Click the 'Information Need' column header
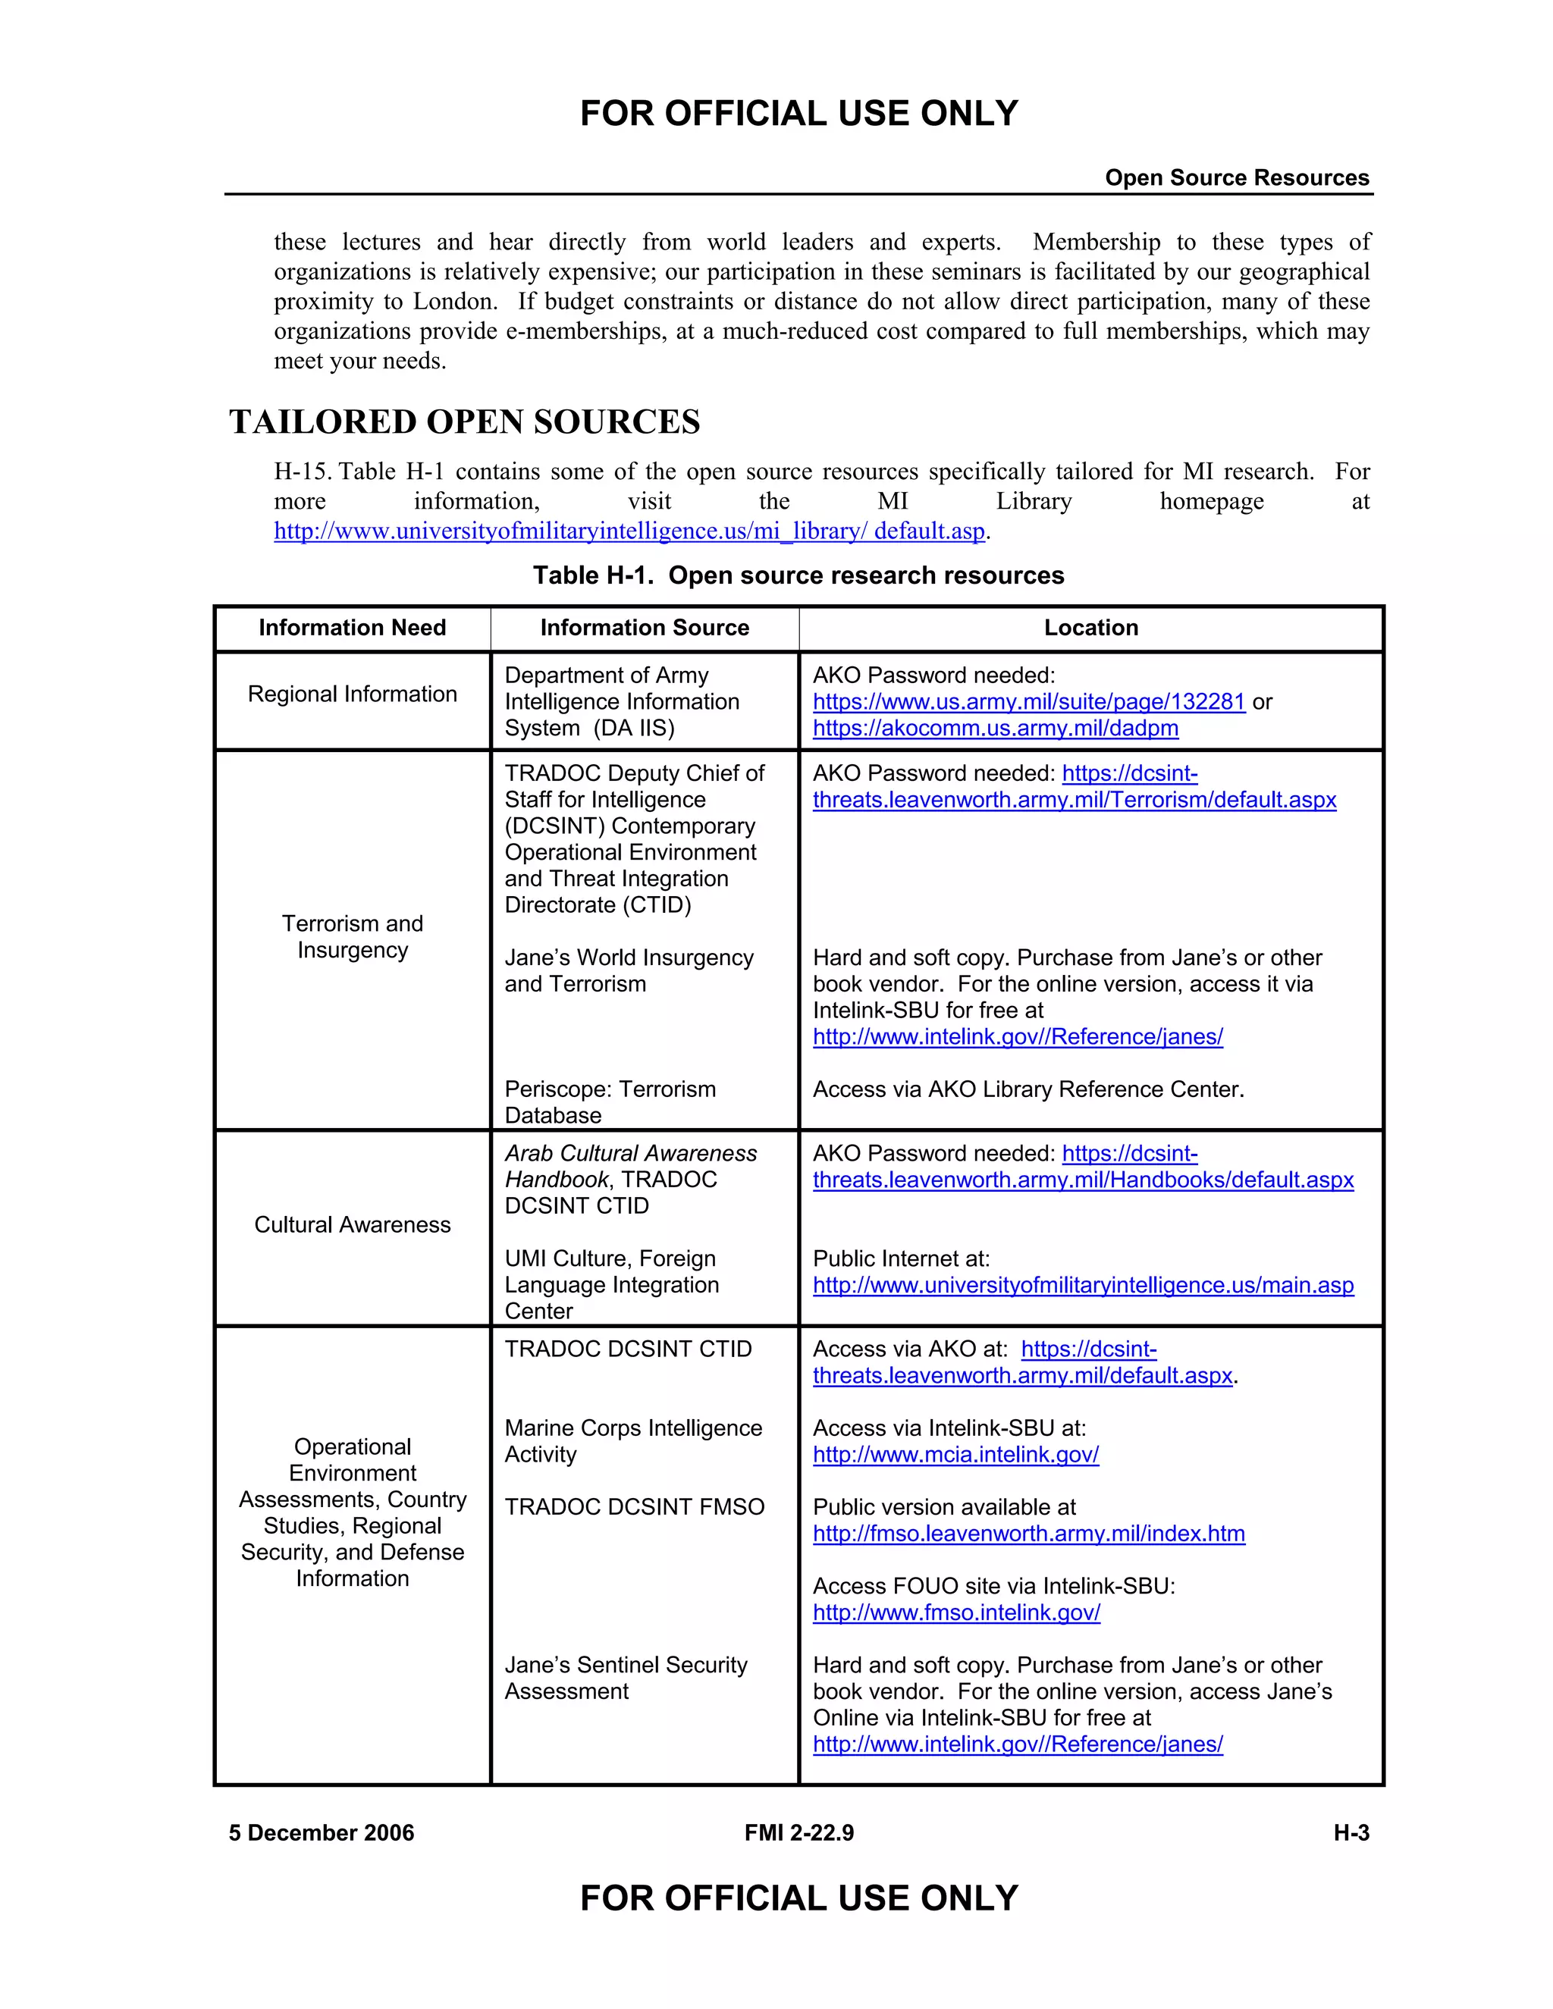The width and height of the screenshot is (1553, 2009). point(353,628)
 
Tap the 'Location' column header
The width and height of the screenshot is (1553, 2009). point(1091,628)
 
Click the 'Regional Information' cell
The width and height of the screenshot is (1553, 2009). point(353,694)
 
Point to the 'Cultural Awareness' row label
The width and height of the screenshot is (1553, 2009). point(353,1224)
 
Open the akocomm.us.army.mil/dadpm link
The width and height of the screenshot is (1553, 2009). point(996,728)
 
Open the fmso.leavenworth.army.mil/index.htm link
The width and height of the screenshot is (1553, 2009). point(1028,1534)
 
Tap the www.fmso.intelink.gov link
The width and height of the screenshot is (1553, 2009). point(957,1613)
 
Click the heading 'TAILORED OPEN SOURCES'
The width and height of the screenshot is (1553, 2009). point(465,422)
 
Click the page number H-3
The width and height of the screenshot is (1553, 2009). point(1351,1832)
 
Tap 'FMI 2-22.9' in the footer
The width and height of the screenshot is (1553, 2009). point(798,1832)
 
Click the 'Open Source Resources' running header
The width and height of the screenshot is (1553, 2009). point(1237,177)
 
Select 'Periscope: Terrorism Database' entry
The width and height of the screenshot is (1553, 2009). point(610,1102)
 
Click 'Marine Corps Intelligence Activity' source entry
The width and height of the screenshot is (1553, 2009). point(633,1440)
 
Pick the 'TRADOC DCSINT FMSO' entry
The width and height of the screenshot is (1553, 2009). point(635,1507)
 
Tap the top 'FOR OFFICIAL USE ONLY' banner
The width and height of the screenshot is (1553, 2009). point(798,113)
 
